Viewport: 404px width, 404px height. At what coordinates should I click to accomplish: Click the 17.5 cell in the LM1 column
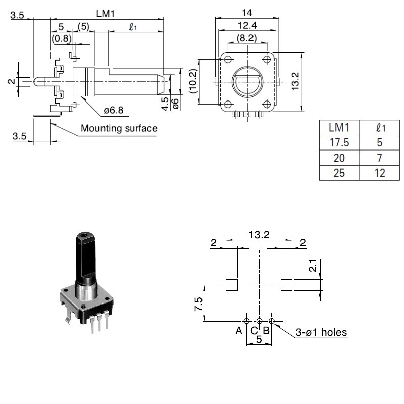[339, 142]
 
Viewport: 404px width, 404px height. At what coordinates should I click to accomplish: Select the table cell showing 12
[380, 173]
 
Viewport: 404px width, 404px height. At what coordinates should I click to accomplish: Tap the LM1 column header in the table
[339, 126]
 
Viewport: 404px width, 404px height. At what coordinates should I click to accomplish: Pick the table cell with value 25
[339, 173]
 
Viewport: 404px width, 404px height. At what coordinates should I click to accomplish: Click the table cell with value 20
[339, 158]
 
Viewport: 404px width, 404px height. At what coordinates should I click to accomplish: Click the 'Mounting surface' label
[119, 128]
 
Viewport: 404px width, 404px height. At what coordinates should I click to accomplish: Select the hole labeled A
[246, 321]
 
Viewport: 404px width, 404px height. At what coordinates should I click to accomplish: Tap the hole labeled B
[271, 321]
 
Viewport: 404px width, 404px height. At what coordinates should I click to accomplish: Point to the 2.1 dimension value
[313, 265]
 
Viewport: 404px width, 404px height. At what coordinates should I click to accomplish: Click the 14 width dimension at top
[247, 12]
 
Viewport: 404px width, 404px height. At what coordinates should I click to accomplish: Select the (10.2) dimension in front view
[193, 82]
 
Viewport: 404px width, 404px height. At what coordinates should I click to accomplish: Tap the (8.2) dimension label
[247, 37]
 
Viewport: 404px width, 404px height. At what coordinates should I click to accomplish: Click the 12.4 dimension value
[247, 24]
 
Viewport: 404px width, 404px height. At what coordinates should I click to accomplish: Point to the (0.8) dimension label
[62, 38]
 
